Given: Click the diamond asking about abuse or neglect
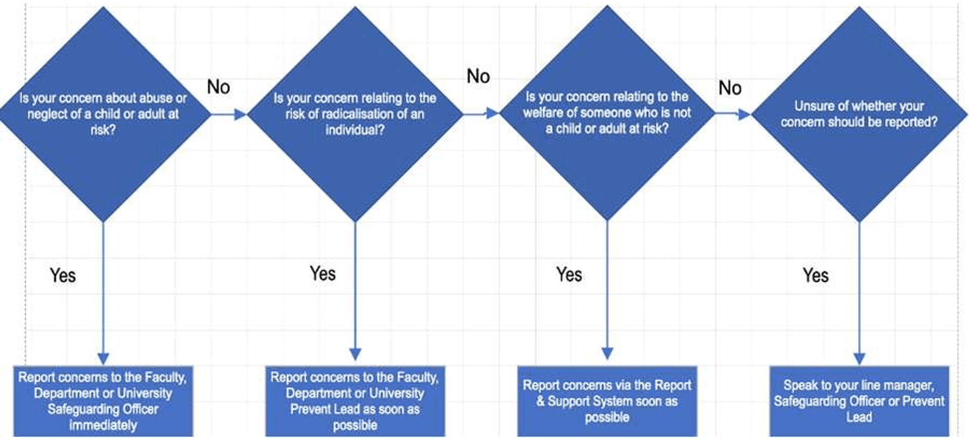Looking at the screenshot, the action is (x=103, y=114).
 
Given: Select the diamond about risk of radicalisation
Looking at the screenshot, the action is (x=355, y=114).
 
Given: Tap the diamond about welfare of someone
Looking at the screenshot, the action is (x=607, y=113).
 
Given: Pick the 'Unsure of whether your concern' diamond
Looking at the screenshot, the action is (x=859, y=114).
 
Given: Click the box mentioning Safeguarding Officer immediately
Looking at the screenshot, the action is (x=103, y=401).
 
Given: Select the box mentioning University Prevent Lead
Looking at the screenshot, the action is (x=355, y=401).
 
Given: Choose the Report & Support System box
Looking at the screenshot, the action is (x=607, y=401).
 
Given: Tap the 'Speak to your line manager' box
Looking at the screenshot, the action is (x=859, y=401).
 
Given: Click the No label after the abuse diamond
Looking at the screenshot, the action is (x=219, y=87).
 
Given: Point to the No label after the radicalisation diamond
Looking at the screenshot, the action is (x=478, y=77).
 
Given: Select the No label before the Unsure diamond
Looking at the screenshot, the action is (x=730, y=88).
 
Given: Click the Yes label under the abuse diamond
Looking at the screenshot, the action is (x=63, y=276).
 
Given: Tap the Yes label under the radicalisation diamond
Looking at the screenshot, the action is (x=323, y=274).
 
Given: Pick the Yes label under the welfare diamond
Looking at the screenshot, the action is (x=569, y=275).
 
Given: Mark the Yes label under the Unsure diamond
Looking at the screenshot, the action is (x=816, y=276).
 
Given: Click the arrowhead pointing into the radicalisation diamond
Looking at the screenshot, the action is (x=240, y=114).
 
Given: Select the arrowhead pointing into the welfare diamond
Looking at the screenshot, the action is (x=493, y=113).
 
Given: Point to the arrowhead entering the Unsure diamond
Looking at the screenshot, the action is (x=744, y=114).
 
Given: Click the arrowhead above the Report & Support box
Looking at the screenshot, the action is (x=607, y=353).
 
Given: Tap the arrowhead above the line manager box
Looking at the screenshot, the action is (x=859, y=359).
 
